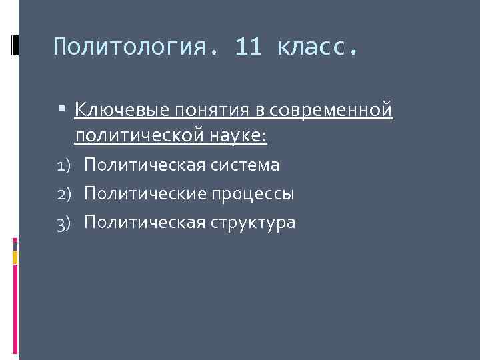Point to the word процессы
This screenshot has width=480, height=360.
253,194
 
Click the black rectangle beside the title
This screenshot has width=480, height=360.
15,45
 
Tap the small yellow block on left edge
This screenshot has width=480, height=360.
15,257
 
